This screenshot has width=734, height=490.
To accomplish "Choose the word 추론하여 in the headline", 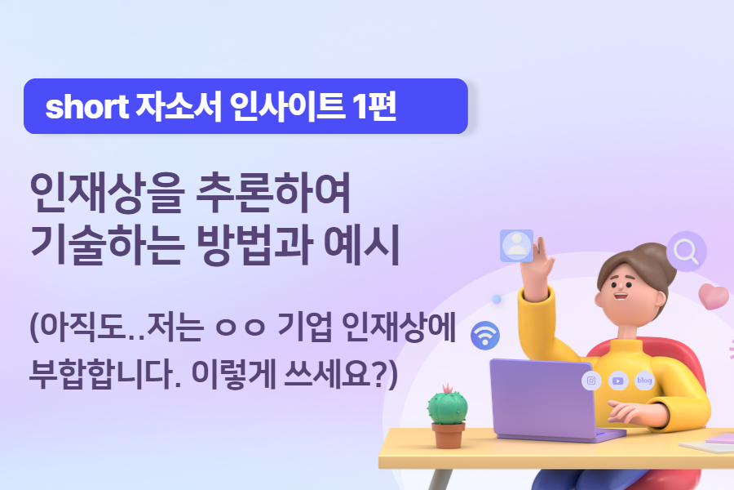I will pyautogui.click(x=274, y=194).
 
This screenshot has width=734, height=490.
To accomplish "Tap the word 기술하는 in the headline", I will pyautogui.click(x=105, y=247).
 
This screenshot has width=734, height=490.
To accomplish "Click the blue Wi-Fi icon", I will pyautogui.click(x=486, y=334).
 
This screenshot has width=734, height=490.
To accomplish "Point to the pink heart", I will pyautogui.click(x=714, y=296).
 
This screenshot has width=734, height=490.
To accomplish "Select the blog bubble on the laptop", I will pyautogui.click(x=644, y=381).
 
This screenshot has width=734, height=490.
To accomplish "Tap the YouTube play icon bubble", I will pyautogui.click(x=618, y=381).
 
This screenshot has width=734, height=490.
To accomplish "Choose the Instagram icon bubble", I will pyautogui.click(x=591, y=381).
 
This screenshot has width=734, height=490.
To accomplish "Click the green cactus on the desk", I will pyautogui.click(x=447, y=405).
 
